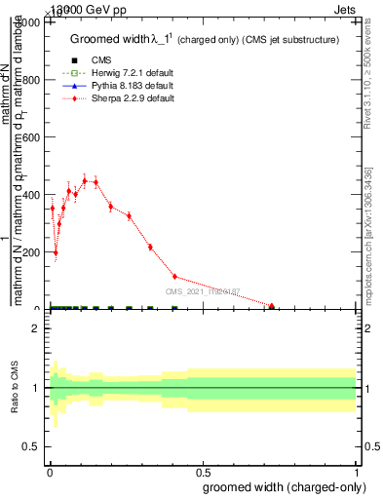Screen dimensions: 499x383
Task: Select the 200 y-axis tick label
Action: click(30, 252)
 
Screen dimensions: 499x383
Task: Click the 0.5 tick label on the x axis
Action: click(202, 470)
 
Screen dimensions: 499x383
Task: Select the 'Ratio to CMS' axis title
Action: click(16, 387)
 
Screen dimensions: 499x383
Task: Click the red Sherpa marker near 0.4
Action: click(174, 277)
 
